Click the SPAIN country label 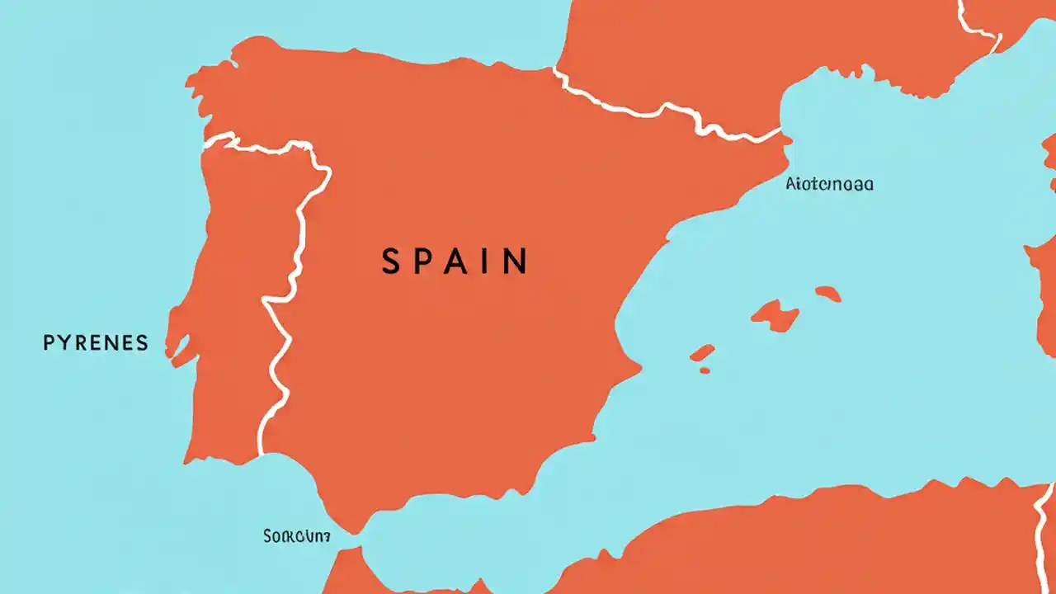[455, 262]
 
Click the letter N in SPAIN [516, 262]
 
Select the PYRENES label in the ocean [96, 342]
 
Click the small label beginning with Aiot [829, 184]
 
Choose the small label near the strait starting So [296, 536]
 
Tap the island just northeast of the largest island [827, 293]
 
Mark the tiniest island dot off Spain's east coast [705, 370]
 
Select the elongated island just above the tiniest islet [702, 353]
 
